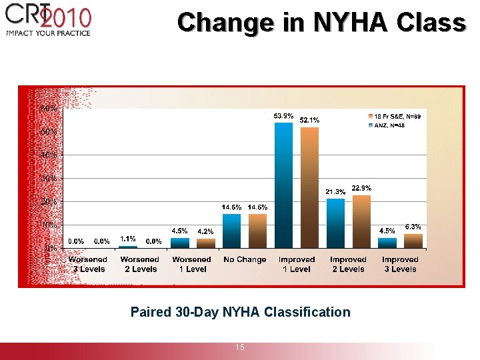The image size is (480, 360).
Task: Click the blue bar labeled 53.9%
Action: pos(283,185)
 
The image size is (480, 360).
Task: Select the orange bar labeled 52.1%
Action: pos(309,187)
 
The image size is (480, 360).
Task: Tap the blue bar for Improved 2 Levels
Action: pos(335,223)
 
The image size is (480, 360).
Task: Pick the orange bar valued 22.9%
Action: pos(361,221)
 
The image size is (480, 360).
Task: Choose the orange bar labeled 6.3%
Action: pos(413,241)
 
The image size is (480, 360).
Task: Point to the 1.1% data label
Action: pos(128,239)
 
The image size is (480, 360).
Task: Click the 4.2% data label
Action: pos(205,231)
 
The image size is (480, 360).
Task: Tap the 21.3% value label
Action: pos(335,192)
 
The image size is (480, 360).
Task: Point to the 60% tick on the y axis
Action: pos(48,108)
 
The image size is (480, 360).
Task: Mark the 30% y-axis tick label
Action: pos(48,178)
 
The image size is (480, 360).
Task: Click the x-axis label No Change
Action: pos(245,259)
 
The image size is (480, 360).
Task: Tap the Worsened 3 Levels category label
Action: pos(87,264)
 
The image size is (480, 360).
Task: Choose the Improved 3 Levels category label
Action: pos(400,264)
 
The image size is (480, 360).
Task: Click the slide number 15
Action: pos(240,347)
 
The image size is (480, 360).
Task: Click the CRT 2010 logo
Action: pos(48,20)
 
